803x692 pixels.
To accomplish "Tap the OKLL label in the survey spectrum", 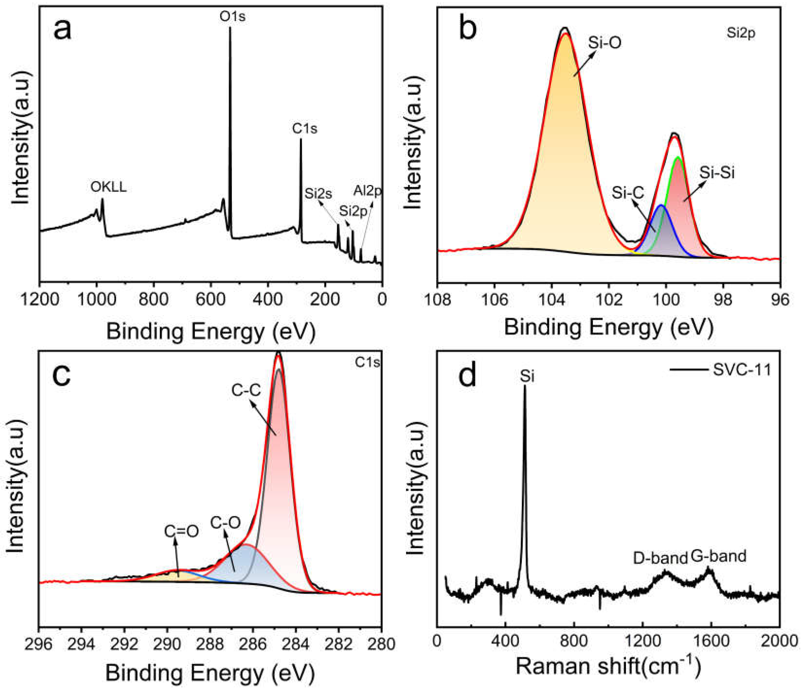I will pyautogui.click(x=108, y=187).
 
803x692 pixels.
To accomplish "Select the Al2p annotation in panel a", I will pyautogui.click(x=367, y=191).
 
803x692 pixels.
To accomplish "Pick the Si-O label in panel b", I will pyautogui.click(x=605, y=42).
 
